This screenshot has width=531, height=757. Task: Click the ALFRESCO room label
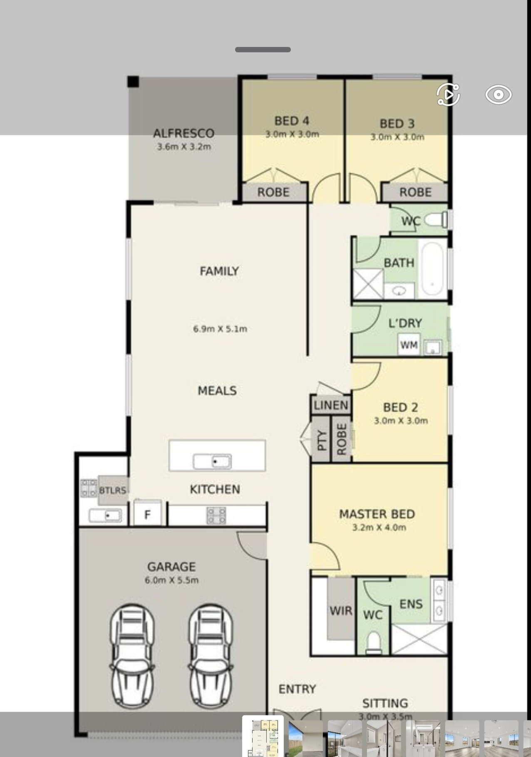184,133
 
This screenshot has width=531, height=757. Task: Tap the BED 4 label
292,121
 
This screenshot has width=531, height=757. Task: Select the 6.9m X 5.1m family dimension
220,329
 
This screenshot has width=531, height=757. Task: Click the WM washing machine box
409,345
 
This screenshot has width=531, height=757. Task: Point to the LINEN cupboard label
331,405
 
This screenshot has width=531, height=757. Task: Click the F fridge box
147,514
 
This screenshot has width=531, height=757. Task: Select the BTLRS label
113,490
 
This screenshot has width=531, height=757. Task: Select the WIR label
341,611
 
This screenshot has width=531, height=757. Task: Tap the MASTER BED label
377,514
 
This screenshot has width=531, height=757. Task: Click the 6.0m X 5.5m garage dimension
172,580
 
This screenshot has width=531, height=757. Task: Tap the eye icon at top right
498,94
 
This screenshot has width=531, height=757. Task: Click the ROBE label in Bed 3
415,192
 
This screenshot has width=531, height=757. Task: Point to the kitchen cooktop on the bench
216,515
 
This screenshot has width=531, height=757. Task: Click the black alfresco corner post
133,82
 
